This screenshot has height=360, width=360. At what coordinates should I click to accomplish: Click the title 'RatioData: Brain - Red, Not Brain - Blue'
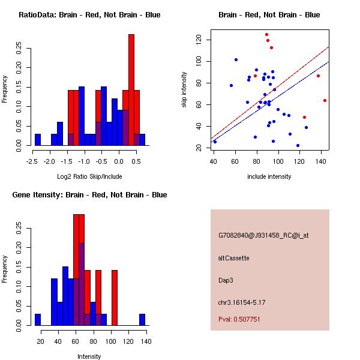(89, 15)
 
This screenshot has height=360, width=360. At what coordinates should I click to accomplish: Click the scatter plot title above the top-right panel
(269, 15)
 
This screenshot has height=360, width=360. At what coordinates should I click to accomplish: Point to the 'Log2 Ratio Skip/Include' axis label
(89, 176)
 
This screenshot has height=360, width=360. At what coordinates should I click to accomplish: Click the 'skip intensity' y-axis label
(185, 90)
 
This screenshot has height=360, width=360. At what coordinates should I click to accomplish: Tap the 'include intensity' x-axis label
(269, 176)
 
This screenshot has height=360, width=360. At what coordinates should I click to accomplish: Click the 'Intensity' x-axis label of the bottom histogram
(89, 356)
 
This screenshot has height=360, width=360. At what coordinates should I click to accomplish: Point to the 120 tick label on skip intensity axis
(199, 40)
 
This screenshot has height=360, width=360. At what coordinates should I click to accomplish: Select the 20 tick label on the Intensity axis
(41, 341)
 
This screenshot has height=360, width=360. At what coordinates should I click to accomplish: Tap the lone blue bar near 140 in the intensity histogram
(142, 319)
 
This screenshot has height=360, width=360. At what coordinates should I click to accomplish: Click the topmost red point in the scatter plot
(266, 35)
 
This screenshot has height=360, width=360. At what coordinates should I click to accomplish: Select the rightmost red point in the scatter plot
(325, 100)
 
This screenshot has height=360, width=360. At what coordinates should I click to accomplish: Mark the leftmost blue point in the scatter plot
(215, 142)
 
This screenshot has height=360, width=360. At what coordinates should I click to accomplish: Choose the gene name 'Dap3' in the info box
(226, 280)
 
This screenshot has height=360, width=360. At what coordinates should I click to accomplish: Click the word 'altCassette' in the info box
(233, 258)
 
